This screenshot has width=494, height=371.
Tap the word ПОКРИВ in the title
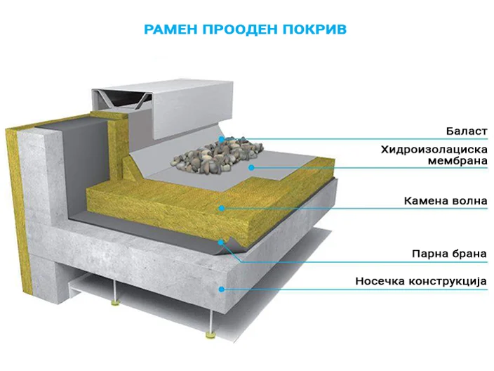tap(314, 30)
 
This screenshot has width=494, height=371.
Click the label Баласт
tap(467, 131)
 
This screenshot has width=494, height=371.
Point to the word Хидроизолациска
tap(434, 149)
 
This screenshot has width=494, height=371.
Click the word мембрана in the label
tap(458, 161)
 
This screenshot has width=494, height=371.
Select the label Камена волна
tap(446, 201)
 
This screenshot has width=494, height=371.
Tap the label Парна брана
tap(449, 254)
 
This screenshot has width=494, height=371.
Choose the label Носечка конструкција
tap(421, 281)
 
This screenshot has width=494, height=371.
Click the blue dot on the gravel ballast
tap(222, 139)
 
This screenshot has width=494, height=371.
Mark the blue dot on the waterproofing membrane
tap(251, 167)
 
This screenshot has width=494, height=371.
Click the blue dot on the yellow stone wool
tap(222, 208)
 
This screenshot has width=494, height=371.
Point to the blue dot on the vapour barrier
tap(221, 242)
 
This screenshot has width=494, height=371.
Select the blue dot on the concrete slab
tap(222, 289)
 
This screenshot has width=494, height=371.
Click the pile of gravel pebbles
tap(218, 154)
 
